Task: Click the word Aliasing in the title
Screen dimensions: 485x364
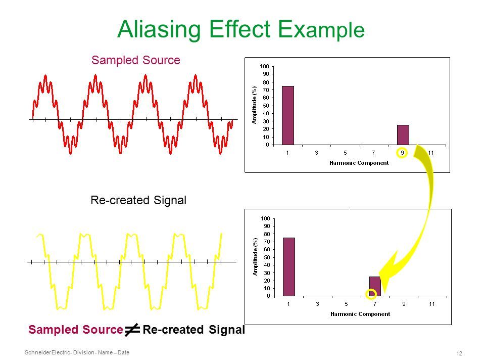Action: pos(159,30)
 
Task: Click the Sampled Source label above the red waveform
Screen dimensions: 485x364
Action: pos(136,60)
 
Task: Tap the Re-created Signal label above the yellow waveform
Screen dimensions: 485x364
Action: pos(138,200)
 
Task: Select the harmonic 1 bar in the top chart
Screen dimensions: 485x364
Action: pos(287,115)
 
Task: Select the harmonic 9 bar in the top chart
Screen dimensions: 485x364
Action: pos(403,135)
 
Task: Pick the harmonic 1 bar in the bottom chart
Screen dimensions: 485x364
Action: pos(289,267)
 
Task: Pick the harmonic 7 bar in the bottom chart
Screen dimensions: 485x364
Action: pos(375,286)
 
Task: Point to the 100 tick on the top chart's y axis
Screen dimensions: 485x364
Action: pos(264,66)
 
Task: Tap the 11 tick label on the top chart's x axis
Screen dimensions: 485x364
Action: pos(430,153)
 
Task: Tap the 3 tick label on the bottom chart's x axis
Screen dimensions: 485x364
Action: pos(317,304)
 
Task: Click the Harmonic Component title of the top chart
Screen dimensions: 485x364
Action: pos(359,163)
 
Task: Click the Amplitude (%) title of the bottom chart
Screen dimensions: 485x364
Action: pos(255,257)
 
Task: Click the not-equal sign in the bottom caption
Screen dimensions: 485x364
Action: pos(132,330)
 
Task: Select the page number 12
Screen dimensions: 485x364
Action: pos(459,353)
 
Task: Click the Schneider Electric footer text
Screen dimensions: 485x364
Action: pos(77,352)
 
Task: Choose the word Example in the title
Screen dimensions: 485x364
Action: pos(321,30)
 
